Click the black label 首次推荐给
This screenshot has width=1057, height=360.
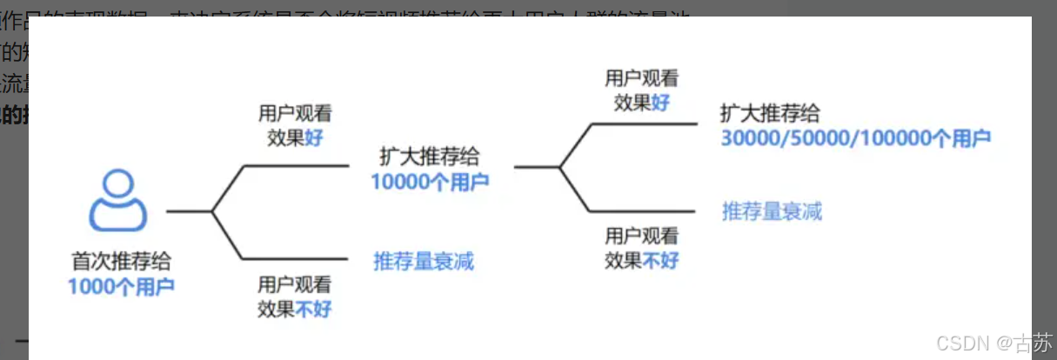click(x=121, y=262)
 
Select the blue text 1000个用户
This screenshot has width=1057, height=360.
click(x=121, y=285)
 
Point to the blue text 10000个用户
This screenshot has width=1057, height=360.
click(x=430, y=182)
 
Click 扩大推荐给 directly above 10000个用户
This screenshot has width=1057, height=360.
click(x=430, y=157)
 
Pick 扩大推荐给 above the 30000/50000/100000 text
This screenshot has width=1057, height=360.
click(x=771, y=114)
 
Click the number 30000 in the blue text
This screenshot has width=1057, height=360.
click(x=750, y=138)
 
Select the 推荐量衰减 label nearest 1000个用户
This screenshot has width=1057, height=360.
click(x=424, y=260)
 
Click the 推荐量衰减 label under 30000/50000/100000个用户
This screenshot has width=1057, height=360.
click(x=772, y=211)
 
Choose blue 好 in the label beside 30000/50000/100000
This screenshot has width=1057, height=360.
click(x=661, y=102)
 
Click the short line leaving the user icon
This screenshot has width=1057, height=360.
click(x=188, y=210)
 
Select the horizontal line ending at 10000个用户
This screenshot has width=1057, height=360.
click(x=296, y=164)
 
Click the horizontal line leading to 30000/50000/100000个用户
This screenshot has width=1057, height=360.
click(x=644, y=123)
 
